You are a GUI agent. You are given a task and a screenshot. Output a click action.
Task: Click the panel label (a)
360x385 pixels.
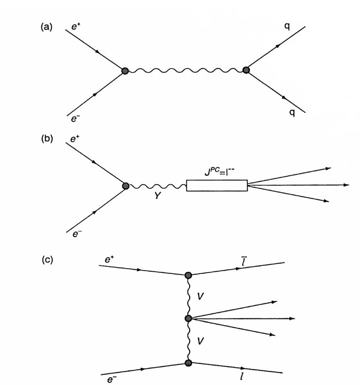46,27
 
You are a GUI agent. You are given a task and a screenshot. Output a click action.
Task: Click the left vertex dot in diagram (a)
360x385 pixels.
125,71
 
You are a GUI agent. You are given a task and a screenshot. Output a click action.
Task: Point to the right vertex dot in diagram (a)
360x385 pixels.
246,70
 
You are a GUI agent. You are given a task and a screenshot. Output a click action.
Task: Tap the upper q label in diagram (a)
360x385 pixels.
286,27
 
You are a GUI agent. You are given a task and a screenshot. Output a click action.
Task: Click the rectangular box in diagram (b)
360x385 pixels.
217,185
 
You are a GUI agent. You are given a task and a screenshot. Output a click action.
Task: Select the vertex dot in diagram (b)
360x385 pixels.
126,185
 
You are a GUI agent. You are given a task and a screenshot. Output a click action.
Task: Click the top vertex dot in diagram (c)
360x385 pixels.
188,275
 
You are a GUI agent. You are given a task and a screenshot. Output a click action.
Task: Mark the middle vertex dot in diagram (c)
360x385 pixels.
188,318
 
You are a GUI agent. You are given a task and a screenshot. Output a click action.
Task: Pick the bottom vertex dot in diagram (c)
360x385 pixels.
188,363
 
